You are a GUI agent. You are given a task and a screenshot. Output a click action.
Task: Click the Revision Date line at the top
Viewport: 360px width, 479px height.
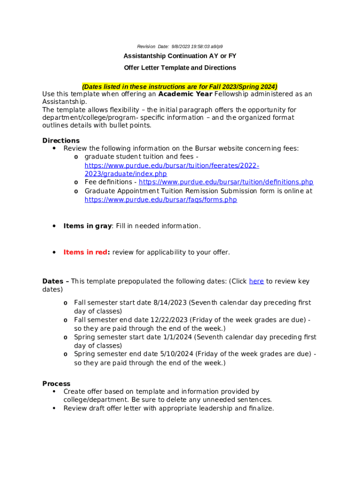[x=180, y=46]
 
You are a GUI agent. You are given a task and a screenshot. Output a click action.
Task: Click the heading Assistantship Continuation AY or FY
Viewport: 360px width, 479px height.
[x=180, y=56]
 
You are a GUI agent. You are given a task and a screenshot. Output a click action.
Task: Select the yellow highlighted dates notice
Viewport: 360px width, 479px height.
[x=180, y=87]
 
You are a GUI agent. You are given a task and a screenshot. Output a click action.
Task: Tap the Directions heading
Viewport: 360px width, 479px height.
[x=61, y=140]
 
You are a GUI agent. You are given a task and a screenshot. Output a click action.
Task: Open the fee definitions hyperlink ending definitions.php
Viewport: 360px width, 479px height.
[x=226, y=182]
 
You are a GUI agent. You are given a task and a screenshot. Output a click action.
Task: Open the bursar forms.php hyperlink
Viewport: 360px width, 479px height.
[x=160, y=200]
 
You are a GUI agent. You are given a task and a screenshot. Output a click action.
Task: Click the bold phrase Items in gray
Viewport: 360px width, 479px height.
[x=87, y=226]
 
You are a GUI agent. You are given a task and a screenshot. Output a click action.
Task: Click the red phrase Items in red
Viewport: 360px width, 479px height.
[x=86, y=252]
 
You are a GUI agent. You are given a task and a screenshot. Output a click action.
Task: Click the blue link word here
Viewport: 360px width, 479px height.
[x=256, y=281]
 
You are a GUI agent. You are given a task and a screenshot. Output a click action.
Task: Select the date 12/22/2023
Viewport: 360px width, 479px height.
[x=170, y=320]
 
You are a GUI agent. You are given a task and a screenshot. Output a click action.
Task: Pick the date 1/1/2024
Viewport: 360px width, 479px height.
[x=177, y=337]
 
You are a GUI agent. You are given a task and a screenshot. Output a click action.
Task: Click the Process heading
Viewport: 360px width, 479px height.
[x=56, y=384]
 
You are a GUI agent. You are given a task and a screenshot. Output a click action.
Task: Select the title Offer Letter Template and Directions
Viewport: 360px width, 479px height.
[x=180, y=68]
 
